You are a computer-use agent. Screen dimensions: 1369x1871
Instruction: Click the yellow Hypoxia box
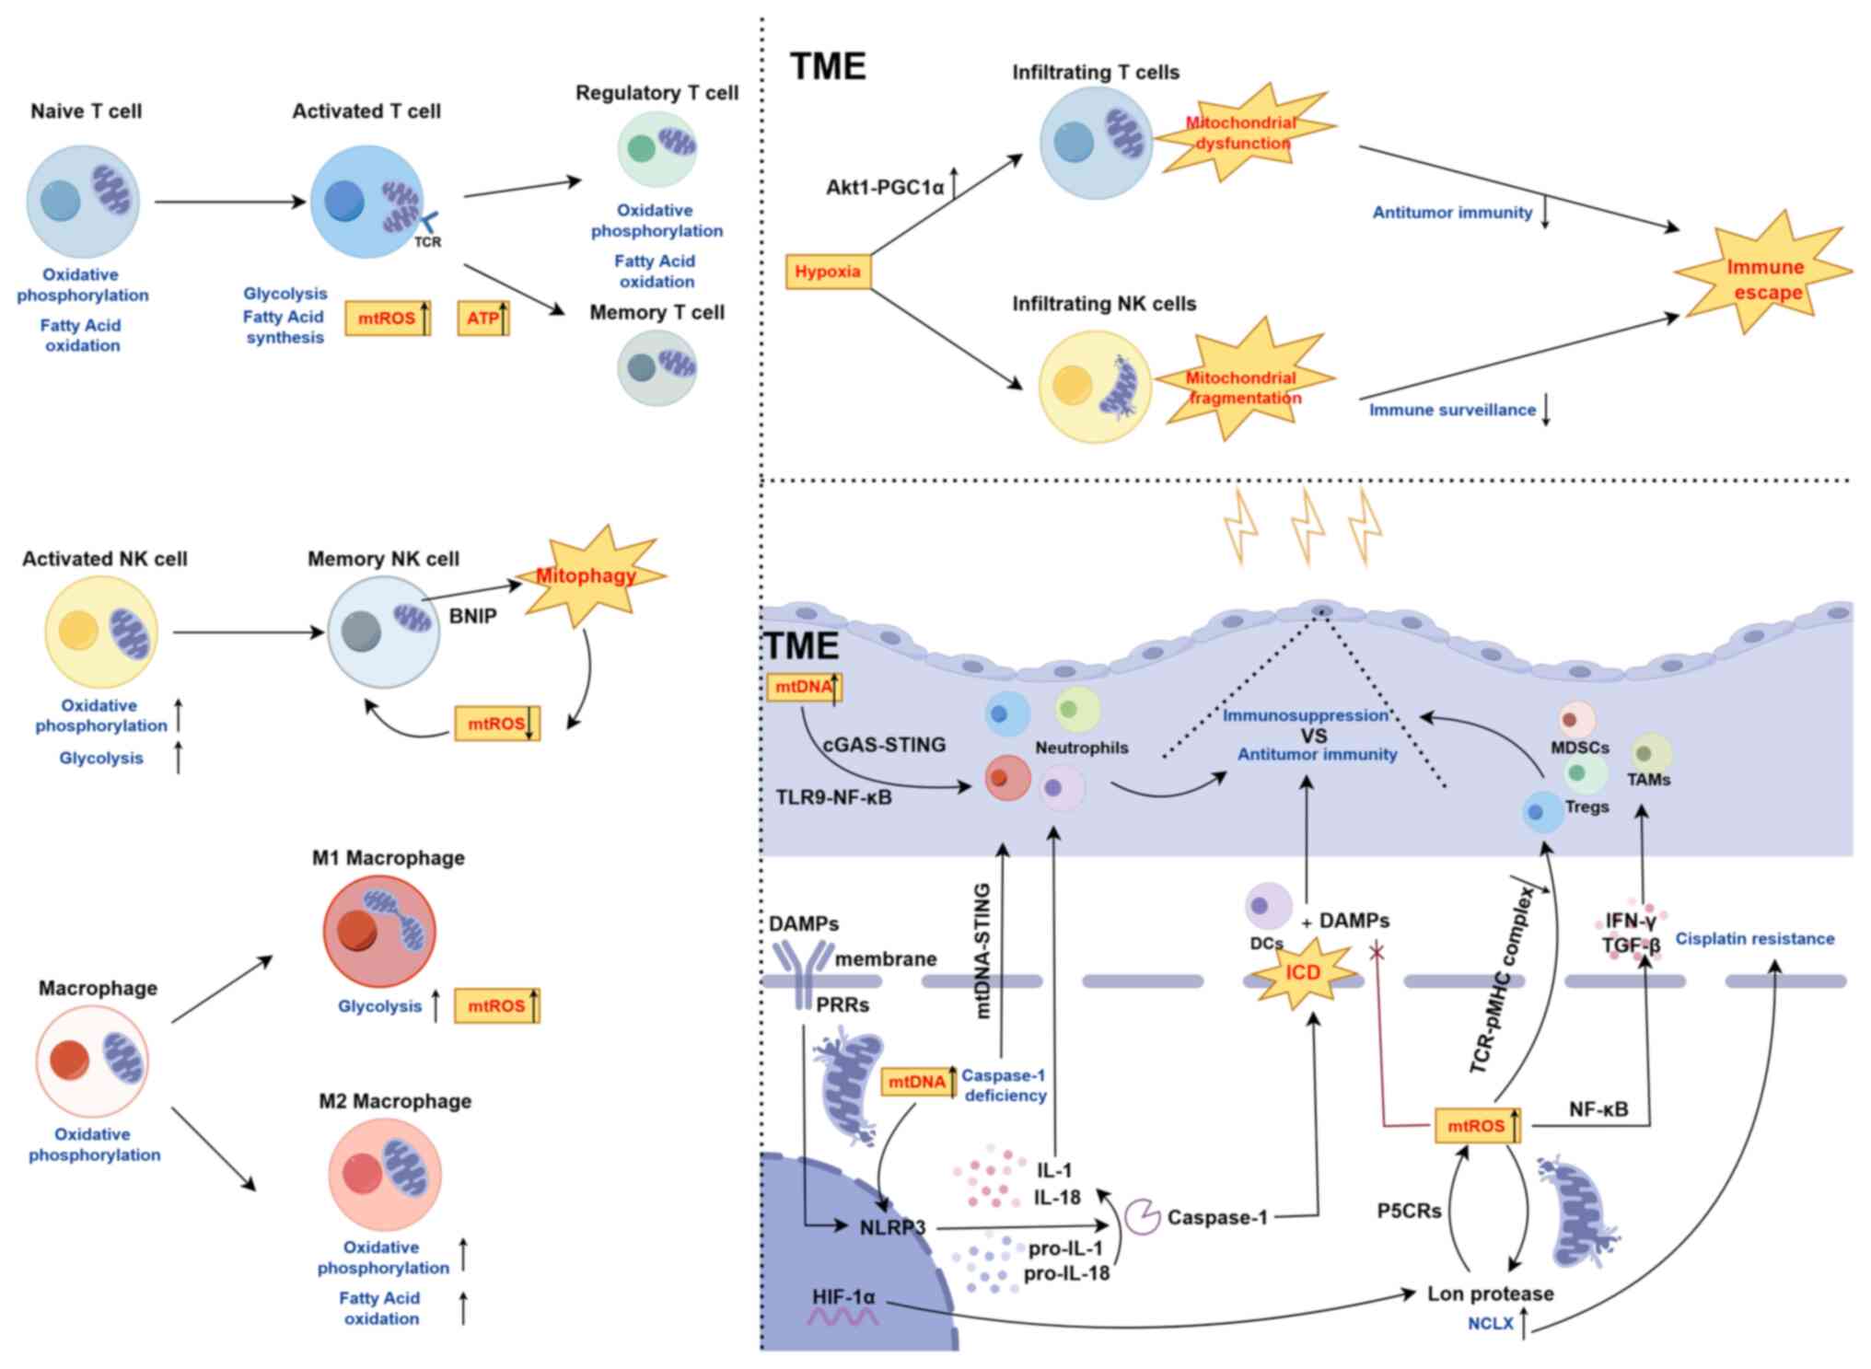coord(827,272)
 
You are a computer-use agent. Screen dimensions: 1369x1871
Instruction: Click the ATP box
coord(482,319)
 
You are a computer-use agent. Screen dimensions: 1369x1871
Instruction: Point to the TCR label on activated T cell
coord(427,242)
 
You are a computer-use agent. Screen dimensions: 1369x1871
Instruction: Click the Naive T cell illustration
coord(83,201)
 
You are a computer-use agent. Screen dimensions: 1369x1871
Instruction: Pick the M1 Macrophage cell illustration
coord(379,931)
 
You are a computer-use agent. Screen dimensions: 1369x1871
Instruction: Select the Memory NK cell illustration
coord(384,632)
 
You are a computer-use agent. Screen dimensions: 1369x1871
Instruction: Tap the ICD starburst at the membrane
coord(1304,973)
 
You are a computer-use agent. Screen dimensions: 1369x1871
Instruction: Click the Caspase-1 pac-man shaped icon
coord(1143,1216)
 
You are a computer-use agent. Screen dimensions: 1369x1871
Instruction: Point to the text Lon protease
coord(1490,1294)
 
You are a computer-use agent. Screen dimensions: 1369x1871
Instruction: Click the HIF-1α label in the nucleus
coord(843,1297)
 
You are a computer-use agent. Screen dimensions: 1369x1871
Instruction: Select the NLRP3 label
coord(892,1227)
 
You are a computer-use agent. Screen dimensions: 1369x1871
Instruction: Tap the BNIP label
coord(472,616)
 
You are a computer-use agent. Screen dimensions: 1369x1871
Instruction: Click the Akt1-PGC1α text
coord(885,188)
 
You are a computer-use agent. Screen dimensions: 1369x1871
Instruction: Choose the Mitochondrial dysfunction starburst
coord(1241,133)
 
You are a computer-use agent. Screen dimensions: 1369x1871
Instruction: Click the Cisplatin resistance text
coord(1754,939)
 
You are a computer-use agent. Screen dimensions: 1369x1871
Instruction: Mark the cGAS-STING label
coord(884,745)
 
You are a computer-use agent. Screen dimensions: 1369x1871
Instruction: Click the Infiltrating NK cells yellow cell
coord(1095,387)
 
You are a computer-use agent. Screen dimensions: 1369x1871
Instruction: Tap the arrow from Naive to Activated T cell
coord(229,202)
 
